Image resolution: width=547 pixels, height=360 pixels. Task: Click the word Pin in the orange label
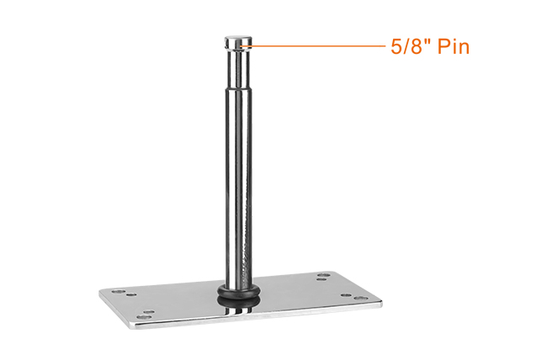pos(453,46)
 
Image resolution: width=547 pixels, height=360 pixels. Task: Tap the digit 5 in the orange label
pos(396,47)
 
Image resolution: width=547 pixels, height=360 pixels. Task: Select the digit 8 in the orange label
pos(417,47)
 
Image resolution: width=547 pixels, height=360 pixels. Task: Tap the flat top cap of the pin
pos(238,38)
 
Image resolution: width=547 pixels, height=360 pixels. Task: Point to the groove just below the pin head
pos(238,49)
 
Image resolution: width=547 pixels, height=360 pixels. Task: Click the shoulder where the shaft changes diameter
pos(238,88)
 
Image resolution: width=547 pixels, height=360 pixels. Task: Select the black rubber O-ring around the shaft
pos(239,290)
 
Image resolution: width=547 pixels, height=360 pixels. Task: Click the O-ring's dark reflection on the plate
pos(239,303)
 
